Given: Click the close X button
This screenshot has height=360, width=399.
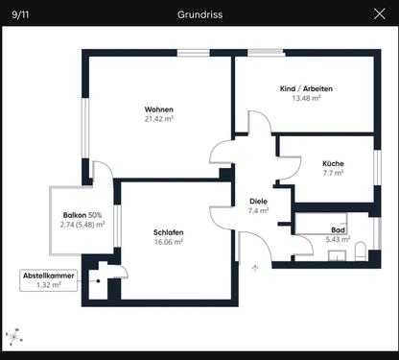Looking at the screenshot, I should tap(379, 14).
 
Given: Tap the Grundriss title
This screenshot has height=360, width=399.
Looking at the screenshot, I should tap(199, 14).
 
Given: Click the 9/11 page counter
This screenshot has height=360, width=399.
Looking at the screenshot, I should tap(19, 14).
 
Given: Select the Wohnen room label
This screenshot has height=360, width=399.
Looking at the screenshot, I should tap(158, 108).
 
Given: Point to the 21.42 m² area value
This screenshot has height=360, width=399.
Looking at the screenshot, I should tap(158, 119).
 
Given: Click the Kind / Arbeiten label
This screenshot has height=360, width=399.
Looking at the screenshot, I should tap(300, 88).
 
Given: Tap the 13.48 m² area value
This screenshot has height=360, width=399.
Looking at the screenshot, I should tap(300, 98).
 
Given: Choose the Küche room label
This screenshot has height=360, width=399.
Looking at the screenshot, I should tap(333, 163).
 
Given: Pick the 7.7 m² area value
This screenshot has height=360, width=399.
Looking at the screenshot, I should tap(333, 174).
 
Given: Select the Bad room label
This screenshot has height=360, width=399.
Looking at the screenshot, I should tap(338, 230).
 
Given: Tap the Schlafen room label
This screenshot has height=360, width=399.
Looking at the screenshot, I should tap(168, 232).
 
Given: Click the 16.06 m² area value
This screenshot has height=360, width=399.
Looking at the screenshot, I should tap(168, 243).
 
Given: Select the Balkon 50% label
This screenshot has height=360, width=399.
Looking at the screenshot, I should tap(82, 214).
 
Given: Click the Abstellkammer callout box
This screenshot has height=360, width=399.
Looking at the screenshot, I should tap(48, 279).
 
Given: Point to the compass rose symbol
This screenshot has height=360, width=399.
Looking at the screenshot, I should tap(15, 336).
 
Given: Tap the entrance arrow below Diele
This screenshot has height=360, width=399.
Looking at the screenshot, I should tap(255, 268).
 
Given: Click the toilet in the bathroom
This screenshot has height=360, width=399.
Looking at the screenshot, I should tap(359, 252).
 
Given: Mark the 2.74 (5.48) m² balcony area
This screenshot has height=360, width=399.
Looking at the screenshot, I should tap(82, 225).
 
